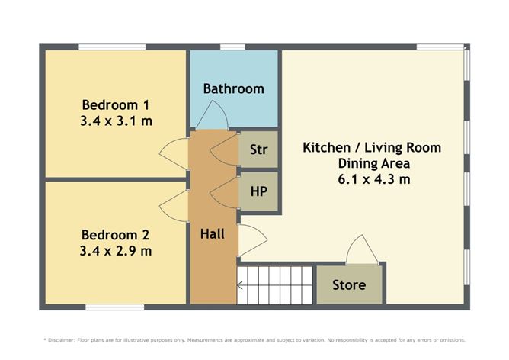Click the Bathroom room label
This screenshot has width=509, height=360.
coord(233,88)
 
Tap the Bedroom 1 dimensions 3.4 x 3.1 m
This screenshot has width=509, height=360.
coord(117,121)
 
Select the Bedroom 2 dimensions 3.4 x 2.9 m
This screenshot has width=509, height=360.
coord(116,251)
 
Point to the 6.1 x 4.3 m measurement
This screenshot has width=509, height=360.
coord(374,179)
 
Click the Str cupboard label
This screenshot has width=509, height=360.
coord(259,149)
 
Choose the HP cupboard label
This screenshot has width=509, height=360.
coord(259,191)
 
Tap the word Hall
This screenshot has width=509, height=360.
coord(213,234)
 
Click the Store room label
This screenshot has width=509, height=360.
coord(349,285)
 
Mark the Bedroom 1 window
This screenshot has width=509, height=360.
coord(112,47)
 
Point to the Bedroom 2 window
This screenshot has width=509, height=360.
coord(115,307)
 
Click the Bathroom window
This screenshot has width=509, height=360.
coord(232,47)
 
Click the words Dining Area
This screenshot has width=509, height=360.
coord(374,163)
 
